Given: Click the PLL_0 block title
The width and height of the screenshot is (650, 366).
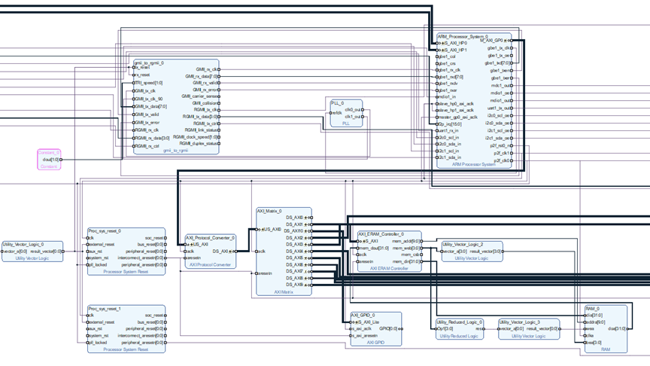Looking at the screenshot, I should (x=338, y=102).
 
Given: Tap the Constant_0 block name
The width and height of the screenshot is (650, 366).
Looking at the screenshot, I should (x=49, y=152).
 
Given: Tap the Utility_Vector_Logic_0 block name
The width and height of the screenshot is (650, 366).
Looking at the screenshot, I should (x=23, y=244).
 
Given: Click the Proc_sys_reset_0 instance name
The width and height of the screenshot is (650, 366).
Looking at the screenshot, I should (x=104, y=230).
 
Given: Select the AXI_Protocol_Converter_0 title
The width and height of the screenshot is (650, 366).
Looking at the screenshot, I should (x=211, y=237).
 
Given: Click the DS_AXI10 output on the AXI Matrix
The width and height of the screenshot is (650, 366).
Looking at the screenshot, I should (x=294, y=230).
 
